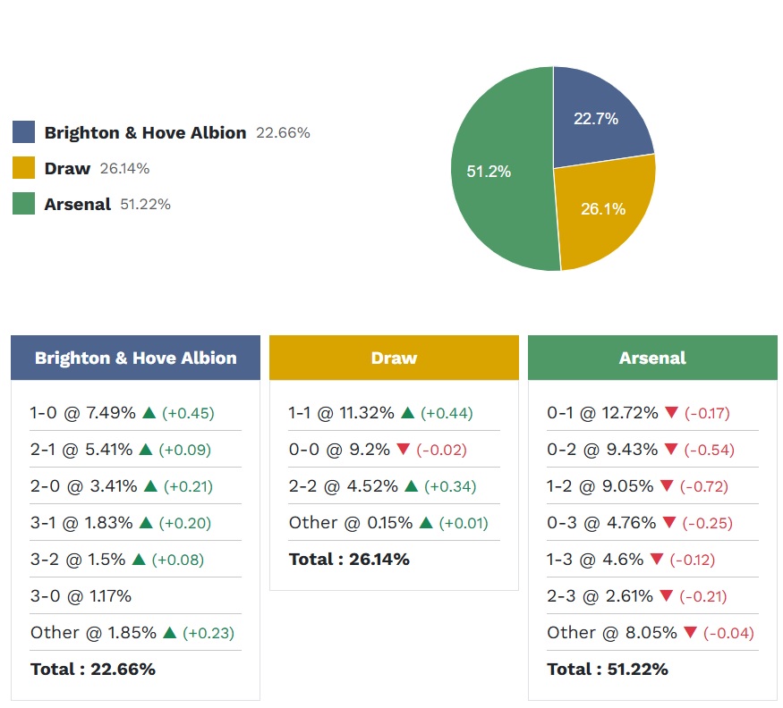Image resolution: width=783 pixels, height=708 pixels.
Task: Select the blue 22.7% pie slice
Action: tap(595, 121)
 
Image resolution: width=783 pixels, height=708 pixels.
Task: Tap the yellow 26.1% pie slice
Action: tap(601, 210)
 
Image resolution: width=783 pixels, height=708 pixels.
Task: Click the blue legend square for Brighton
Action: tap(24, 132)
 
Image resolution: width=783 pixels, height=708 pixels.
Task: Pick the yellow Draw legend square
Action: tap(24, 168)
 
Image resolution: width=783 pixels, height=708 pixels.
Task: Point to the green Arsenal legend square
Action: tap(24, 204)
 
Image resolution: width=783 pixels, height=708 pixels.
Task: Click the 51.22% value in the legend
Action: tap(145, 204)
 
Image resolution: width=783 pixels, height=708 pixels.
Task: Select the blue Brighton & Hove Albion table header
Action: tap(135, 358)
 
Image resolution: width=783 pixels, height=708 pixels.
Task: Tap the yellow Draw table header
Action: tap(394, 358)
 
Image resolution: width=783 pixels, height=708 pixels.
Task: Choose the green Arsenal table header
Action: tap(652, 358)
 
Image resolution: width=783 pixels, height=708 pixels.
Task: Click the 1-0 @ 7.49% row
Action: tap(83, 413)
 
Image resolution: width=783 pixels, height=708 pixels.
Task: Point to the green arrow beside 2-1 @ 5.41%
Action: tap(149, 450)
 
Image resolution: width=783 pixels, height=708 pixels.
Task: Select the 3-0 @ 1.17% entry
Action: tap(81, 595)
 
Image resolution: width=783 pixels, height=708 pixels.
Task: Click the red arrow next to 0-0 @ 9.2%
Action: tap(403, 450)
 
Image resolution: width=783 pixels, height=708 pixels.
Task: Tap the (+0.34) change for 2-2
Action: tap(450, 486)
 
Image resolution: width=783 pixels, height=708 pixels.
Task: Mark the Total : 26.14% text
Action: tap(349, 560)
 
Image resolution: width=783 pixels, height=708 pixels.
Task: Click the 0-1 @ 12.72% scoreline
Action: tap(602, 413)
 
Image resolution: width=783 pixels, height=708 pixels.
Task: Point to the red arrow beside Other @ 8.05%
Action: tap(690, 633)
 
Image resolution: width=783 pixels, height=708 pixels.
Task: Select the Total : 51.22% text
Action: tap(608, 669)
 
